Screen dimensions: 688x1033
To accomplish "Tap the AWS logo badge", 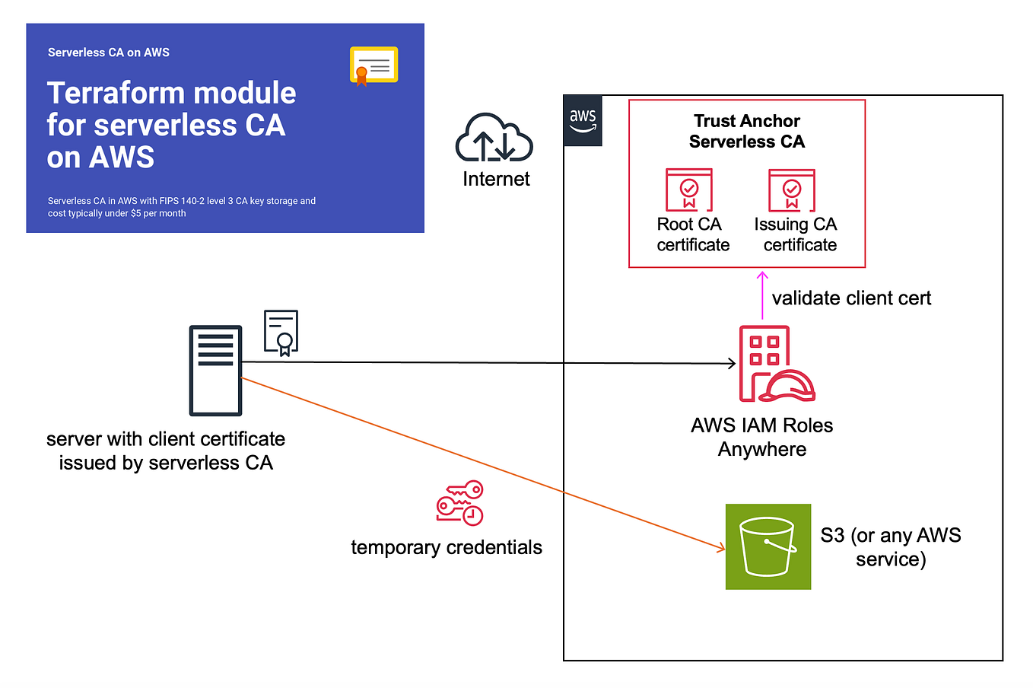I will [583, 120].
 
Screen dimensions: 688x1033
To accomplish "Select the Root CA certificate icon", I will [689, 190].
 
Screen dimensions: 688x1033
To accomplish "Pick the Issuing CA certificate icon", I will [792, 190].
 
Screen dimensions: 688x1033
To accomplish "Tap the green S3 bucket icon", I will [768, 546].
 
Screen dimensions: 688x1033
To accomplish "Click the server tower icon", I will [215, 371].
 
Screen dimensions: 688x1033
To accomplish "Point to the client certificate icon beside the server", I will [281, 333].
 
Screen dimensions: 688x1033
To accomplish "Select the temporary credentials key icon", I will [459, 503].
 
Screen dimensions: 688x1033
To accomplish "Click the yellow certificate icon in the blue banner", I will [373, 66].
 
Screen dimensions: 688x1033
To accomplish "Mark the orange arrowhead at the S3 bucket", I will [721, 547].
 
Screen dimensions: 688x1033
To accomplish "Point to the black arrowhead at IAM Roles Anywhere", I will [732, 364].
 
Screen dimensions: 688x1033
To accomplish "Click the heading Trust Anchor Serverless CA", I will [746, 131].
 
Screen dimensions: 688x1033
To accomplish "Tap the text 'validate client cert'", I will [851, 298].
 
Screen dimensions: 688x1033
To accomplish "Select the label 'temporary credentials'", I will [447, 547].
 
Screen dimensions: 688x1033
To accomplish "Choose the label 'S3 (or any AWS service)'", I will [890, 547].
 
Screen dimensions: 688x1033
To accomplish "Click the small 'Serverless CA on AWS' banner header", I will [109, 53].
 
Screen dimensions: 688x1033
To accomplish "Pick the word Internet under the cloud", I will [496, 179].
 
